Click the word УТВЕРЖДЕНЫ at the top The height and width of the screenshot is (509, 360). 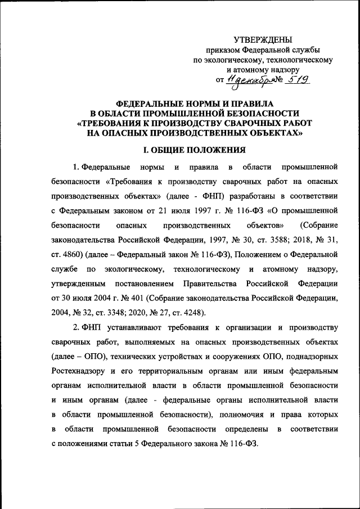pos(263,39)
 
